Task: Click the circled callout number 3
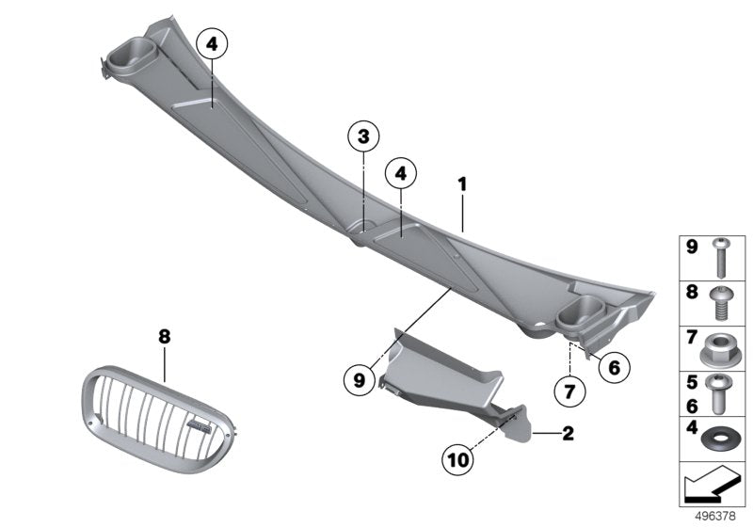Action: point(364,137)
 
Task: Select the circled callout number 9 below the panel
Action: point(358,380)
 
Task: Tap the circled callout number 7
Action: point(568,389)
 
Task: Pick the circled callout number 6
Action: point(613,368)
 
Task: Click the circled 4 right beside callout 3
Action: point(401,173)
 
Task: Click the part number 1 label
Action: point(462,184)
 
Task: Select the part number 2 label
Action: point(567,434)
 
